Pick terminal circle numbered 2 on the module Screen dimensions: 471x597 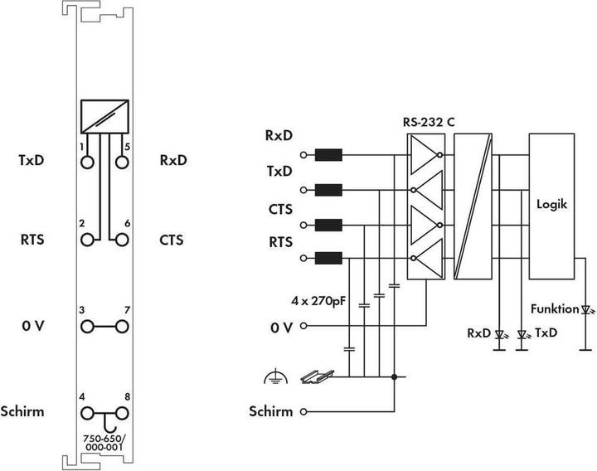click(x=87, y=240)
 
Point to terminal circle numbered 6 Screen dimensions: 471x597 click(x=122, y=240)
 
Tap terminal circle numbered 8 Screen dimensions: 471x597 click(x=122, y=411)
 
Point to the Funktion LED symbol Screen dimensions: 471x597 click(x=585, y=310)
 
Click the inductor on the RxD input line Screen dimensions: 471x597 click(x=329, y=154)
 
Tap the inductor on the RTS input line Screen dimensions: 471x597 click(x=329, y=259)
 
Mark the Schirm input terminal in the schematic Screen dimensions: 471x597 click(x=304, y=411)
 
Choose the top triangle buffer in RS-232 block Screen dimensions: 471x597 click(x=424, y=154)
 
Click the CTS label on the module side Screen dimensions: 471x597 click(x=172, y=240)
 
